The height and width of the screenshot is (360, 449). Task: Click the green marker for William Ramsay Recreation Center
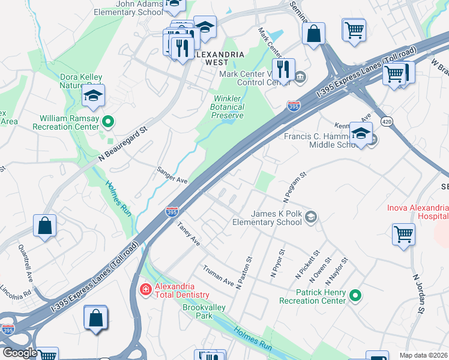[x=108, y=123]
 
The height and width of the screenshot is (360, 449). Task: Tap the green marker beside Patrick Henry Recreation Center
[x=355, y=295]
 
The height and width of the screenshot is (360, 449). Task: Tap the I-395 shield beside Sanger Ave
[x=172, y=212]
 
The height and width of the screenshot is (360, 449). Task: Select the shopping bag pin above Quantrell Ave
[x=45, y=226]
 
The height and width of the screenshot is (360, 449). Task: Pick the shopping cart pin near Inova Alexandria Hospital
[x=403, y=233]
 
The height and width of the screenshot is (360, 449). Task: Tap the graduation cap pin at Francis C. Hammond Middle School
[x=361, y=134]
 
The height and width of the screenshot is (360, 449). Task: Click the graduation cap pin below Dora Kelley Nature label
[x=93, y=97]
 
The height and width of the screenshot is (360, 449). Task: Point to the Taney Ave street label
[x=188, y=233]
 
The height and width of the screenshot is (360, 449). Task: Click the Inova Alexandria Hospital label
[x=420, y=212]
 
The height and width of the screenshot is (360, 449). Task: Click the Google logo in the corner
[x=20, y=353]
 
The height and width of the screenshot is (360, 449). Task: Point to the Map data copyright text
[x=423, y=355]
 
